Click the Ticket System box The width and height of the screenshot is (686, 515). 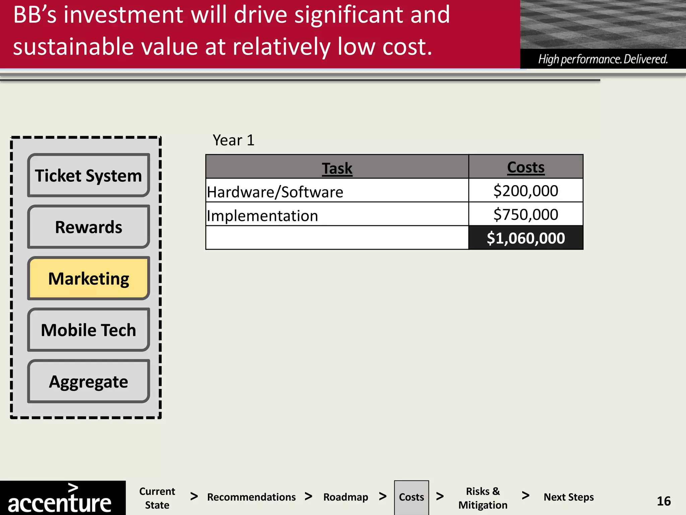(88, 175)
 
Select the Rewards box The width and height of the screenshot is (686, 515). (88, 227)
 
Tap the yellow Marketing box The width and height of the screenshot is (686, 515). (88, 278)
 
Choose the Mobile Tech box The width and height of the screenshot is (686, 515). (88, 330)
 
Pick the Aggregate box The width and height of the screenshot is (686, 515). (88, 382)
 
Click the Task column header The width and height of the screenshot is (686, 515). (337, 168)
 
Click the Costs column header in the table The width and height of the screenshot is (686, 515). (526, 167)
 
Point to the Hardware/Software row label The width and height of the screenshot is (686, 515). (275, 192)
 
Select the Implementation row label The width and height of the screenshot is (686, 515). (262, 216)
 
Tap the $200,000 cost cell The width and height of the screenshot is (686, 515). (526, 191)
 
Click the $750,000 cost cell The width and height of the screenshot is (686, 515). (526, 214)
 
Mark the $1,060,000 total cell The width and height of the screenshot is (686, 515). (526, 238)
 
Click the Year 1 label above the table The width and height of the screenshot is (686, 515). (233, 140)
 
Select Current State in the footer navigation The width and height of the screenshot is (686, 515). (157, 498)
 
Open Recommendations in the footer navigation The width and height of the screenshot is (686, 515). (251, 497)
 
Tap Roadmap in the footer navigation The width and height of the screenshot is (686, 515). (346, 497)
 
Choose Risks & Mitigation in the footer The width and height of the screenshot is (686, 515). (483, 498)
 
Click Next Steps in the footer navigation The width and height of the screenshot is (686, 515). (568, 497)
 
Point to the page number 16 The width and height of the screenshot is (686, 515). (664, 501)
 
